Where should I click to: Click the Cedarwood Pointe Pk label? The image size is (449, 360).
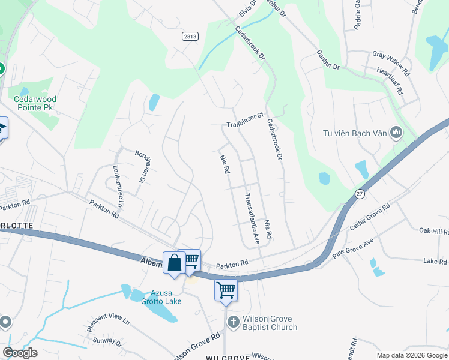pyautogui.click(x=35, y=103)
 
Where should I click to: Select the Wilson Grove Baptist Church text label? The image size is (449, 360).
pyautogui.click(x=270, y=323)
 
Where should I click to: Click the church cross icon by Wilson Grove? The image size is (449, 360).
pyautogui.click(x=234, y=323)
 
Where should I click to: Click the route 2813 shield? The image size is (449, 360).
pyautogui.click(x=190, y=37)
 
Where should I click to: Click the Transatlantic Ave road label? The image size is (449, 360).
pyautogui.click(x=252, y=218)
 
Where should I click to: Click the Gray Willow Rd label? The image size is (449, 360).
pyautogui.click(x=391, y=63)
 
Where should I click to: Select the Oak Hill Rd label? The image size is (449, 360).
pyautogui.click(x=433, y=231)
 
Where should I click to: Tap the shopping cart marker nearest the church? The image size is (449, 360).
pyautogui.click(x=226, y=290)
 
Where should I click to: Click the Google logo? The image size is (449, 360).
pyautogui.click(x=20, y=353)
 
